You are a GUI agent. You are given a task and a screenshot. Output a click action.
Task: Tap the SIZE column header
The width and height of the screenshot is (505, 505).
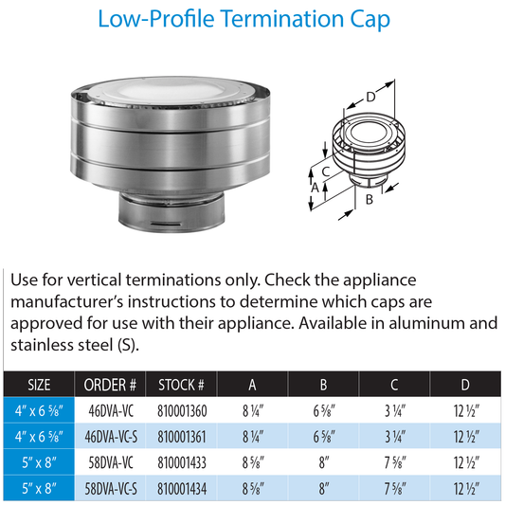click(40, 384)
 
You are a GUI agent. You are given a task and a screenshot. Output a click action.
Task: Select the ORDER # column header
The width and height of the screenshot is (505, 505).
click(112, 384)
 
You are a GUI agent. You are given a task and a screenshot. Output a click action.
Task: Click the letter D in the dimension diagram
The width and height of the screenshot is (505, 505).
click(370, 96)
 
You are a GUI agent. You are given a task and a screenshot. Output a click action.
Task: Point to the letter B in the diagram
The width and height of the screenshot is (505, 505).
click(369, 200)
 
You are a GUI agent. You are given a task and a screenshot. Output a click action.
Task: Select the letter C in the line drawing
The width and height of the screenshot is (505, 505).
click(325, 171)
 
